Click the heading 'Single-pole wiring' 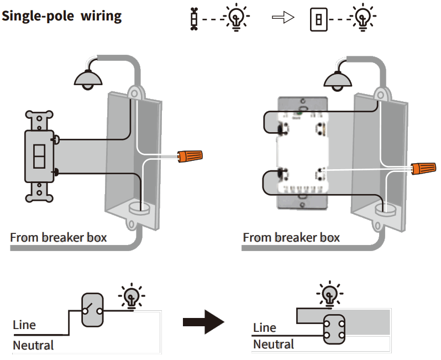pyautogui.click(x=62, y=16)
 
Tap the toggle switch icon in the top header pyautogui.click(x=193, y=19)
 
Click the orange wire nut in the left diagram pyautogui.click(x=190, y=156)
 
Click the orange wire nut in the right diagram pyautogui.click(x=423, y=167)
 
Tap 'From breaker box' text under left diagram pyautogui.click(x=59, y=238)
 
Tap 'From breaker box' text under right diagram pyautogui.click(x=291, y=238)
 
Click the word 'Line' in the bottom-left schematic pyautogui.click(x=24, y=325)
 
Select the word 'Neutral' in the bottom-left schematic pyautogui.click(x=33, y=346)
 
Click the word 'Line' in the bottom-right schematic pyautogui.click(x=264, y=327)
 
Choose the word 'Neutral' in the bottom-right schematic pyautogui.click(x=274, y=345)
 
